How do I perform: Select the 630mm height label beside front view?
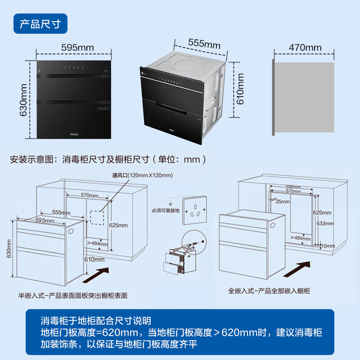point(23,98)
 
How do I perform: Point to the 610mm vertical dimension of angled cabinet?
point(241,89)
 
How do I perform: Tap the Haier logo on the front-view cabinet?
point(74,133)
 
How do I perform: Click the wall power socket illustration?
point(193,211)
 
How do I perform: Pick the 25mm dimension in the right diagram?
point(283,202)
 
